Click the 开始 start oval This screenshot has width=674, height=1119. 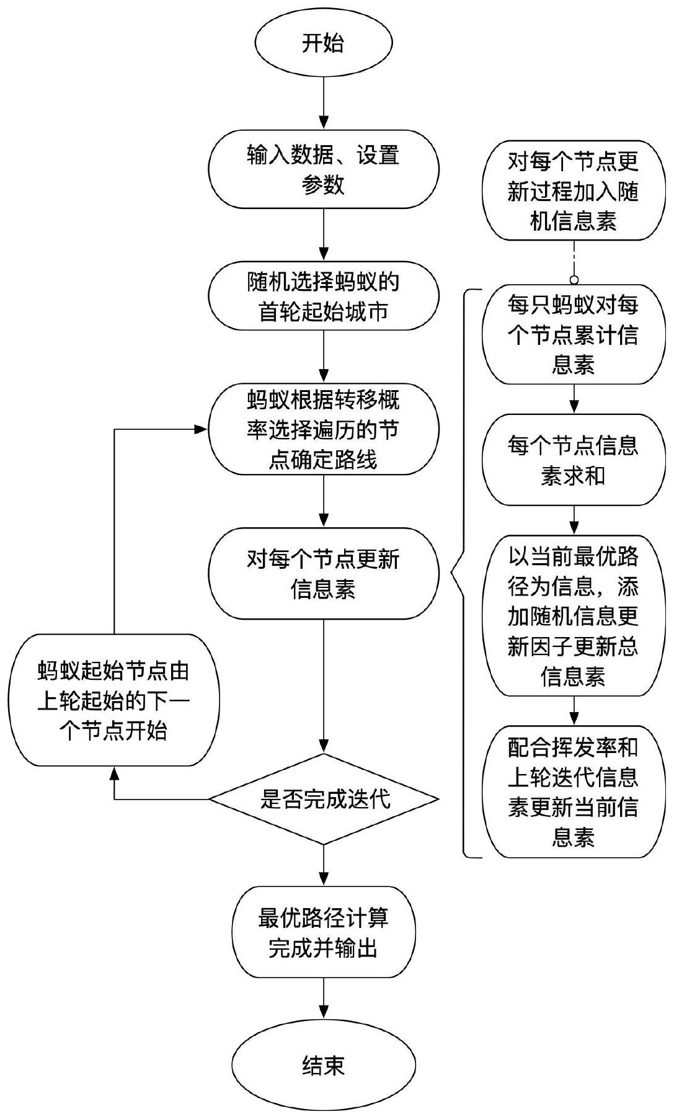[323, 44]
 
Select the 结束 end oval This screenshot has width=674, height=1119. [323, 1066]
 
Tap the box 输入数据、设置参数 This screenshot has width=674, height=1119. [323, 169]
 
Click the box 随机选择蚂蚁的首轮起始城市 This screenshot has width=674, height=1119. [323, 297]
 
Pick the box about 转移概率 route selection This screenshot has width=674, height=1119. [323, 430]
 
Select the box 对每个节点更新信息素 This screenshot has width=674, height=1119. [323, 573]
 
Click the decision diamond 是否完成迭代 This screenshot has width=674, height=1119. [323, 799]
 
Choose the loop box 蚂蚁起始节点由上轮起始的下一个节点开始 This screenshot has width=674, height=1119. [114, 700]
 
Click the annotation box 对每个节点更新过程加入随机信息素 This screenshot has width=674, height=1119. [574, 191]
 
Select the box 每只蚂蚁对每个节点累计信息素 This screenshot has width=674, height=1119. [574, 335]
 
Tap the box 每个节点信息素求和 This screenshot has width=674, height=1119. [574, 460]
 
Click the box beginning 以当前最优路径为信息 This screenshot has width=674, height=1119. [574, 616]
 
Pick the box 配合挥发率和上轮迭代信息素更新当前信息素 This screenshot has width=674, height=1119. [574, 792]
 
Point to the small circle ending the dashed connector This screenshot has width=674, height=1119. [574, 279]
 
